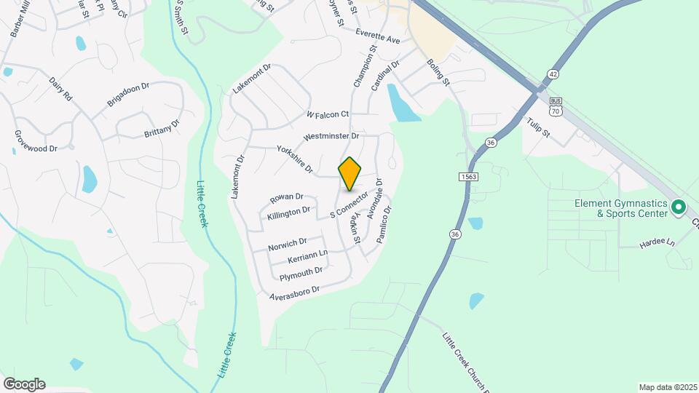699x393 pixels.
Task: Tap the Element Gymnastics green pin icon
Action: (x=679, y=208)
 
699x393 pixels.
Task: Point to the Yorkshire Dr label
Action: (x=295, y=159)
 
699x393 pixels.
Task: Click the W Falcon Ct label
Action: (x=328, y=114)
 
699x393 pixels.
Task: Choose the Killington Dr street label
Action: (x=289, y=213)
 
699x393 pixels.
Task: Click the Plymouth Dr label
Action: (x=301, y=274)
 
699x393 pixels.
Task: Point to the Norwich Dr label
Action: (x=287, y=245)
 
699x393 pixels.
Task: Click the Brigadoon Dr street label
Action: (x=128, y=95)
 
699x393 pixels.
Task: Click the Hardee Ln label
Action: (x=658, y=243)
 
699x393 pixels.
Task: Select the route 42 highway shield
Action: (x=554, y=74)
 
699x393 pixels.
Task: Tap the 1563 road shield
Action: (x=468, y=176)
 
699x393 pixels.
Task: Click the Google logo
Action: (x=24, y=384)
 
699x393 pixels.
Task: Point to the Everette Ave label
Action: (x=379, y=36)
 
